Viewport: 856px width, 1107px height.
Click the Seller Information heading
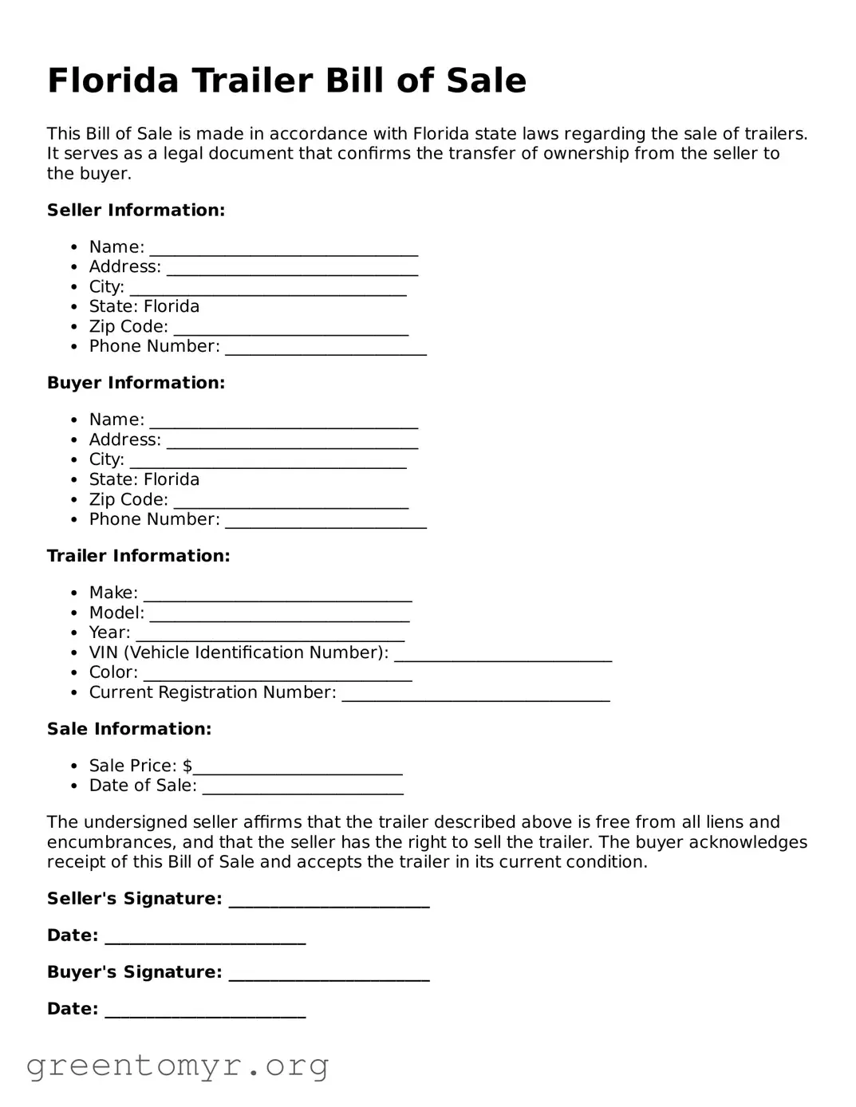click(x=136, y=211)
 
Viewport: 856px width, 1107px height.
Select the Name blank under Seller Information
click(x=283, y=249)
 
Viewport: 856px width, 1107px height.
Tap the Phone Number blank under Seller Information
click(x=325, y=349)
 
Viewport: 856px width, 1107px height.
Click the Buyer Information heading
click(x=136, y=384)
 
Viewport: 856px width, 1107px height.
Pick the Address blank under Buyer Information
click(x=292, y=442)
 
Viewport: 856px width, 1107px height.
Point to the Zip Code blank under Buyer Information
click(x=290, y=502)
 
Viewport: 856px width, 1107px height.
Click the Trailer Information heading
click(x=138, y=557)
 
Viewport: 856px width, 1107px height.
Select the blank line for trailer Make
click(x=278, y=595)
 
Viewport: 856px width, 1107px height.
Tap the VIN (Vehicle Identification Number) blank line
click(x=503, y=655)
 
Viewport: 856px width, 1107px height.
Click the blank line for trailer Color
click(x=278, y=675)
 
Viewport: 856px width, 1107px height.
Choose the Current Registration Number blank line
click(x=475, y=695)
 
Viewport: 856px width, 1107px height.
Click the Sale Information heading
click(x=129, y=730)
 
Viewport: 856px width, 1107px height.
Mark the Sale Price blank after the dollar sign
click(x=298, y=768)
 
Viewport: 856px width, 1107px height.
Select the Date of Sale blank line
click(x=302, y=788)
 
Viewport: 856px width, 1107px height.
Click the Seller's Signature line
click(x=329, y=901)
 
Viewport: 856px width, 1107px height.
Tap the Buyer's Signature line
click(x=329, y=975)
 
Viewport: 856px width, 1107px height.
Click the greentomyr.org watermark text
click(x=177, y=1066)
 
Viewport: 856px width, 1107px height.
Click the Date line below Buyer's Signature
click(x=205, y=1011)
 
